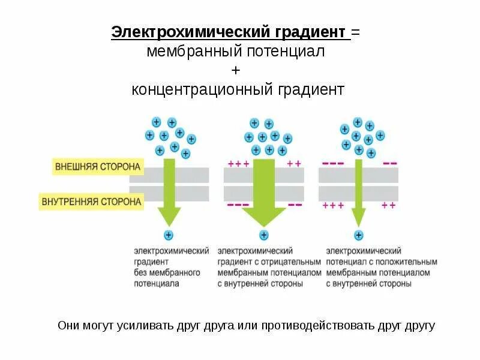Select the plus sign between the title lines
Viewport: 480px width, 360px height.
coord(236,71)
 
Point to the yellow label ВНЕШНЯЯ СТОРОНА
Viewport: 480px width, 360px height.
coord(98,166)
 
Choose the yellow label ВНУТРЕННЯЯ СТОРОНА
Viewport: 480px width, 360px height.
coord(92,202)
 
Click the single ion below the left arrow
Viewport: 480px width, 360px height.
coord(169,235)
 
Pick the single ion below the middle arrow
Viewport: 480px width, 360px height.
coord(263,235)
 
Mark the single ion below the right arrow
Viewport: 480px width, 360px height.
coord(359,235)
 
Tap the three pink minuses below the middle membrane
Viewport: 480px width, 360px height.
coord(238,205)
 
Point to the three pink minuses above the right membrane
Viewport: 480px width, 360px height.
coord(333,163)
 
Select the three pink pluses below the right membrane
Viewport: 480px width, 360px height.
coord(333,205)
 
